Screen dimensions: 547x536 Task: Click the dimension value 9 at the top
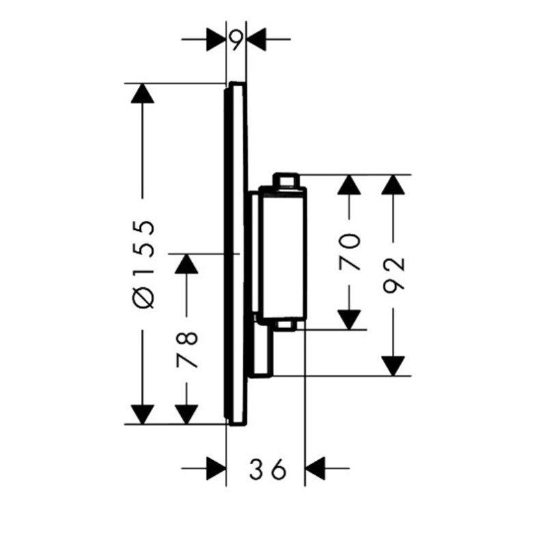[x=236, y=39]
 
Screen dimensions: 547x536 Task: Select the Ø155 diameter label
[x=143, y=265]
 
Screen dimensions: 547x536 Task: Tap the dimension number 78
[x=187, y=350]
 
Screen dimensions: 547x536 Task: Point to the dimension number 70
[x=349, y=252]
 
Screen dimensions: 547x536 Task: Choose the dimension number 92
[x=394, y=274]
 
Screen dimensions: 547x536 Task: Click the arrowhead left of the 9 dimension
[x=216, y=40]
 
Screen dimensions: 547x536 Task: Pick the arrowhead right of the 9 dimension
[x=256, y=40]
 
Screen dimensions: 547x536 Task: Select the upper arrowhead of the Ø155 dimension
[x=142, y=93]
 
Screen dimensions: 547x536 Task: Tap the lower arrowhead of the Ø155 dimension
[x=142, y=414]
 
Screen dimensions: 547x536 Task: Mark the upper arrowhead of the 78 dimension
[x=187, y=264]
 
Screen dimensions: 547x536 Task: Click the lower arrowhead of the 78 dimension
[x=187, y=414]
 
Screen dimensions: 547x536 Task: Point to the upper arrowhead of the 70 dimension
[x=349, y=184]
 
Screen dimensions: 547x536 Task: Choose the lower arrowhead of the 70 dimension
[x=349, y=320]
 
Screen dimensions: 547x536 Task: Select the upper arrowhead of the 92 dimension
[x=393, y=184]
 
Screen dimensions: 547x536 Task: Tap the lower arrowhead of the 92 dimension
[x=393, y=366]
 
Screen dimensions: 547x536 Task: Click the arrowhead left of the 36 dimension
[x=216, y=468]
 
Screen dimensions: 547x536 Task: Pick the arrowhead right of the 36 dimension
[x=315, y=468]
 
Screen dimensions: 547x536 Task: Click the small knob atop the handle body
[x=286, y=180]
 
